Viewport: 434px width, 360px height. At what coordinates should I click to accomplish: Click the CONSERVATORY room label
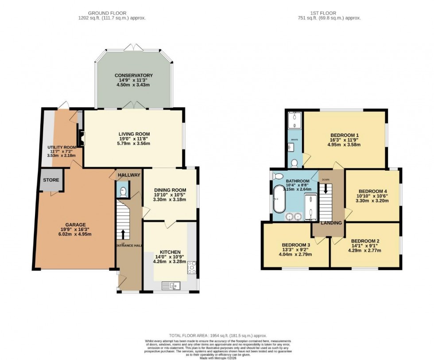(134, 75)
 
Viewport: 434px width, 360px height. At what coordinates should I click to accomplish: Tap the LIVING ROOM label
(134, 134)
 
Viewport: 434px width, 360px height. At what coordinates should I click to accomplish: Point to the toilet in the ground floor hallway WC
(123, 192)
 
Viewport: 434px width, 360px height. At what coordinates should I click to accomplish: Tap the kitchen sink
(172, 285)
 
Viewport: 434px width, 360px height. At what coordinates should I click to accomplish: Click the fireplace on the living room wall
(81, 138)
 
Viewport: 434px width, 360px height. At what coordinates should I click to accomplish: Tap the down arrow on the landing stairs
(326, 188)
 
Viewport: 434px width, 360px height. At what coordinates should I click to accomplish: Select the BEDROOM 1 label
(345, 135)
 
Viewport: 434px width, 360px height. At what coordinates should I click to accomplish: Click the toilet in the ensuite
(294, 162)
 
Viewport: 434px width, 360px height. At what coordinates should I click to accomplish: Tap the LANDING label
(331, 223)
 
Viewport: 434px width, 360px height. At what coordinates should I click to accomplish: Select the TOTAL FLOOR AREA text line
(217, 336)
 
